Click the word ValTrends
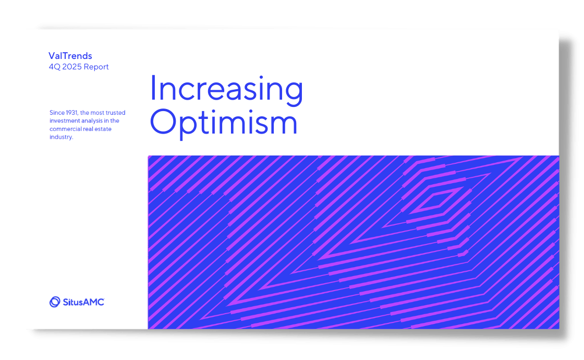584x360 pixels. pyautogui.click(x=70, y=56)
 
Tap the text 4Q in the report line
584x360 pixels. pyautogui.click(x=54, y=67)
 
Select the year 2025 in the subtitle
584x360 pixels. pyautogui.click(x=74, y=67)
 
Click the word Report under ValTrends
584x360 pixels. pyautogui.click(x=98, y=67)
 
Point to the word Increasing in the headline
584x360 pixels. pyautogui.click(x=226, y=89)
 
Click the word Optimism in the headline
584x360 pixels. pyautogui.click(x=224, y=123)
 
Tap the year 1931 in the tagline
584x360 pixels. pyautogui.click(x=72, y=113)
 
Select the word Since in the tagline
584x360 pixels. pyautogui.click(x=56, y=113)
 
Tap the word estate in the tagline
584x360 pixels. pyautogui.click(x=108, y=129)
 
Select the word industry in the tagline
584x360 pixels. pyautogui.click(x=60, y=137)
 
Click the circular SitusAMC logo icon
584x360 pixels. pyautogui.click(x=55, y=302)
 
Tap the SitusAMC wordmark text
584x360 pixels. pyautogui.click(x=83, y=302)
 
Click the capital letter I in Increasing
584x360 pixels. pyautogui.click(x=153, y=89)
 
